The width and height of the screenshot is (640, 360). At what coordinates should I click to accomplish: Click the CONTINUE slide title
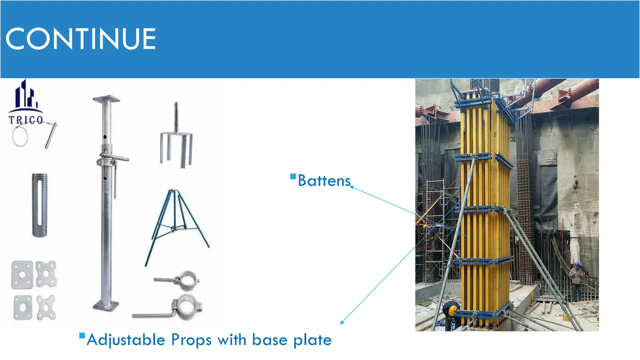coord(81,39)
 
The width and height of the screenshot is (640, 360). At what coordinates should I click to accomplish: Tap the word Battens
coord(324,181)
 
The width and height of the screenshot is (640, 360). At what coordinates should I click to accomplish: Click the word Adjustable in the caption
coord(126,340)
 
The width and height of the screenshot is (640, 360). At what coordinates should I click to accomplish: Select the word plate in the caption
coord(312,340)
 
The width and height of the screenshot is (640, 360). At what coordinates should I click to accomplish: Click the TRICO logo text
coord(26,120)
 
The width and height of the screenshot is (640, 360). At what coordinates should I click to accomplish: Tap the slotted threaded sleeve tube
coord(40,205)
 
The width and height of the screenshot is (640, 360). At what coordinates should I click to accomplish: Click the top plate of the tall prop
coord(106,99)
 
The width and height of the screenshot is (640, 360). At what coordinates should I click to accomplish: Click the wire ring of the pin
coord(20,136)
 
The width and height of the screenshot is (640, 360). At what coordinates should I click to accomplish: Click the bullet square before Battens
coord(293,177)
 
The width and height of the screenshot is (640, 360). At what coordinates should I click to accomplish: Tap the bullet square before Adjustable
coord(82,336)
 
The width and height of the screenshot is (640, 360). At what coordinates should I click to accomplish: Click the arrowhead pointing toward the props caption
coord(342,322)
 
